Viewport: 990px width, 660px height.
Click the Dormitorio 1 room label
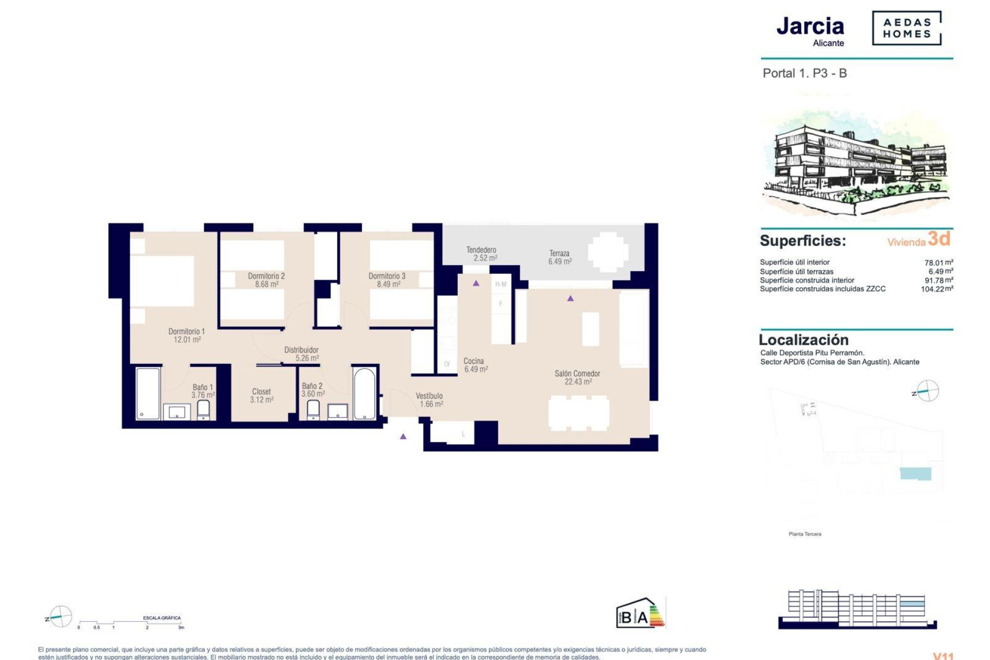186,332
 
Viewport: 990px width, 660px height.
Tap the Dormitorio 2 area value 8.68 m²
267,284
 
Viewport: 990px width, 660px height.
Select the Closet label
261,392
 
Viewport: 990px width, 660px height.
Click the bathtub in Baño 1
148,393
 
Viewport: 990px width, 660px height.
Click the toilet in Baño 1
203,410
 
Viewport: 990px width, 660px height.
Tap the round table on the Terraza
608,252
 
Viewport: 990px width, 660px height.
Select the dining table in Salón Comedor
579,413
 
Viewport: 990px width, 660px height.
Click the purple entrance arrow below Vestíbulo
403,436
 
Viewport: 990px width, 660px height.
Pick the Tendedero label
481,250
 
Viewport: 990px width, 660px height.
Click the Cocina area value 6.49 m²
476,369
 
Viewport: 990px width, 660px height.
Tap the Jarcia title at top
810,26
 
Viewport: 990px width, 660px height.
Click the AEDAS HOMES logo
906,28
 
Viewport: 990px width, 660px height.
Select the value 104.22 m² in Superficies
936,289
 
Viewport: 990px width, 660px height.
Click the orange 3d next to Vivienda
939,239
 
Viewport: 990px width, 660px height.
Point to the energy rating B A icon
640,614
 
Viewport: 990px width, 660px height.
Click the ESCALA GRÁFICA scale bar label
162,618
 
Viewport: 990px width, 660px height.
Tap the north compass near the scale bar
60,617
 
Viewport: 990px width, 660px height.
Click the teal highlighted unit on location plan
915,474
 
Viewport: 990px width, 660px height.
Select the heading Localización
803,340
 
